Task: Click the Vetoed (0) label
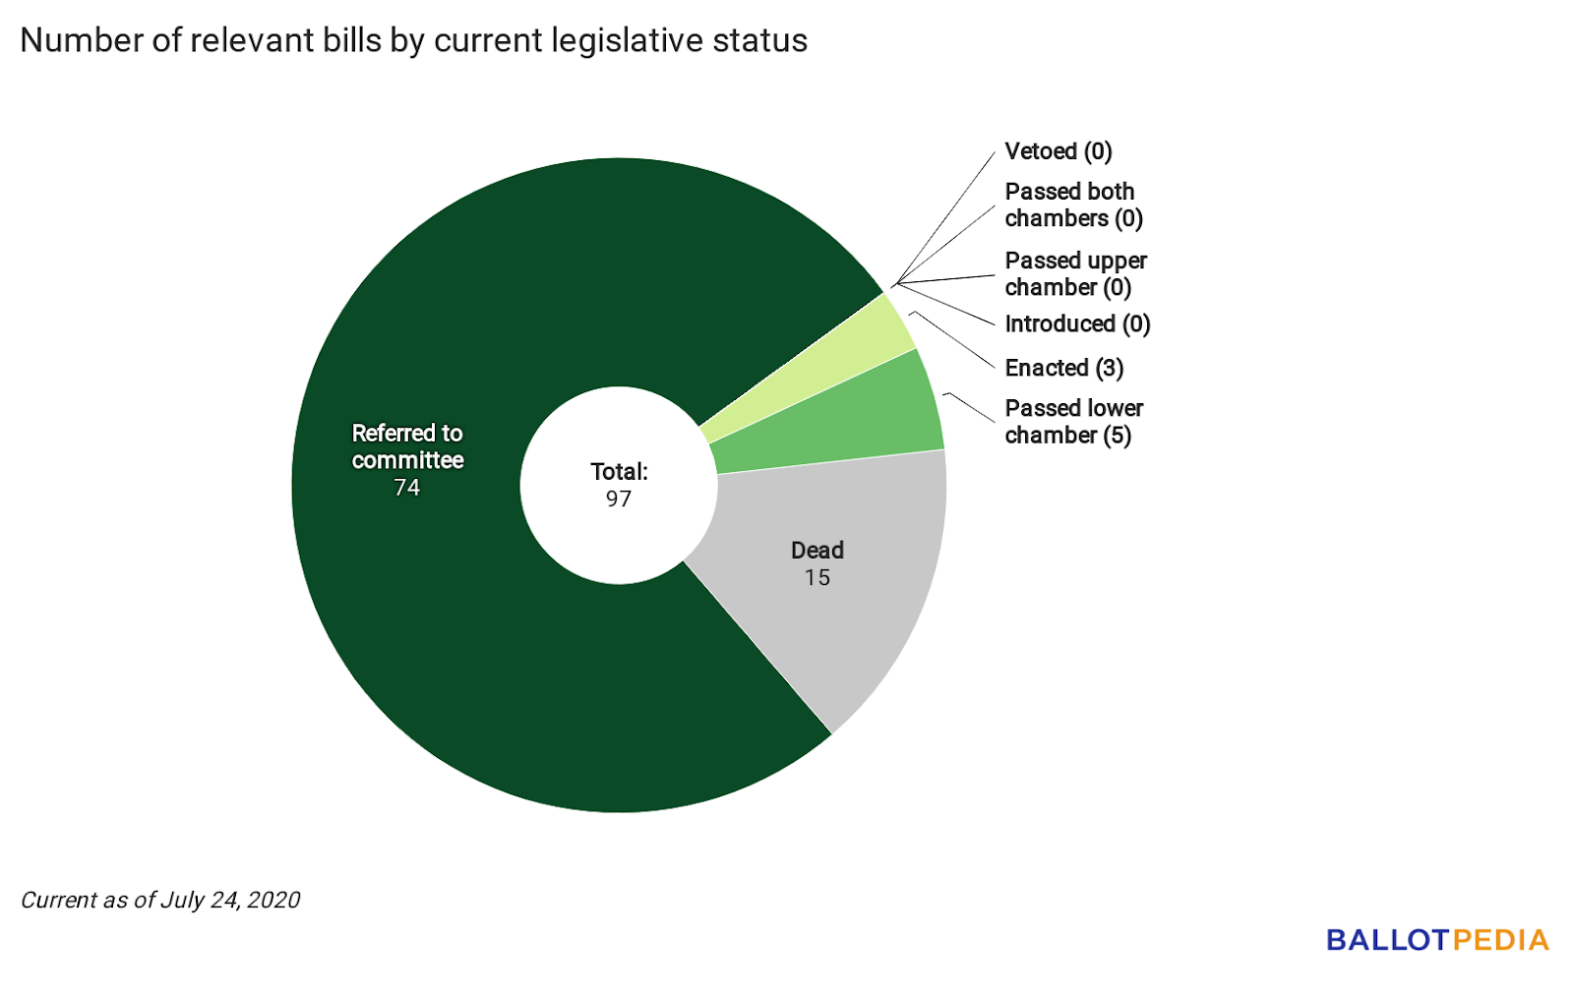(x=1059, y=151)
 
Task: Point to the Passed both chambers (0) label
(x=1073, y=205)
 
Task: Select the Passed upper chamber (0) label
(x=1075, y=273)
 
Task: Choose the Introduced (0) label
(x=1077, y=323)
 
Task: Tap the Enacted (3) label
(x=1063, y=368)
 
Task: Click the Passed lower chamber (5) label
(x=1073, y=422)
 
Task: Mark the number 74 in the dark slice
(x=406, y=488)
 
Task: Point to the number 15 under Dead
(x=817, y=578)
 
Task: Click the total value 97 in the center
(x=619, y=499)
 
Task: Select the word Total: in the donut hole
(x=619, y=472)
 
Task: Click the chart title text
(x=413, y=40)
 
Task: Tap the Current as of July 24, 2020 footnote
(x=160, y=900)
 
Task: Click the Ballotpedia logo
(x=1437, y=940)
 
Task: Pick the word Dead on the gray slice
(x=817, y=551)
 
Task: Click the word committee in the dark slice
(x=407, y=460)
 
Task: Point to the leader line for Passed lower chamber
(x=969, y=407)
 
